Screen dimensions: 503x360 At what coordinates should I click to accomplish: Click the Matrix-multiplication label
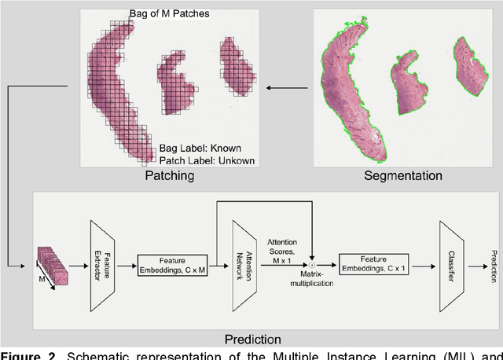[x=313, y=279]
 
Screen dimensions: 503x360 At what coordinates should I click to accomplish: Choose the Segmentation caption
[x=402, y=176]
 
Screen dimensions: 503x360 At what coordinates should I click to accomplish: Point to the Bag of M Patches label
[x=169, y=13]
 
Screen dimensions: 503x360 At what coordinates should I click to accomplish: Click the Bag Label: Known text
[x=200, y=148]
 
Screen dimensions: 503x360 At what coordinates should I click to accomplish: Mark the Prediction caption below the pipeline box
[x=252, y=340]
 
